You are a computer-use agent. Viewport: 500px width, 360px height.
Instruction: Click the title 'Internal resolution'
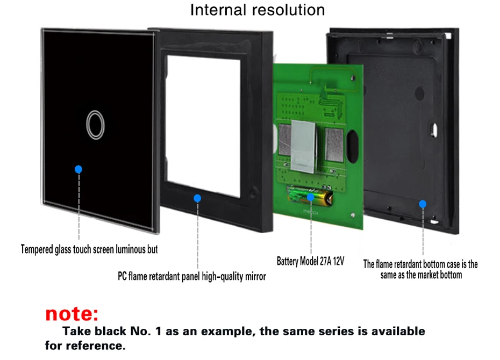pyautogui.click(x=258, y=10)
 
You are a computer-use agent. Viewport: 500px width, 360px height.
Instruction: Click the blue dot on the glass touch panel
pyautogui.click(x=78, y=169)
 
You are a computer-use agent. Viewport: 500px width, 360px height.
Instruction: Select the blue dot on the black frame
pyautogui.click(x=197, y=198)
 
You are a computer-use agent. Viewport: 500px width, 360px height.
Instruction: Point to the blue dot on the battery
pyautogui.click(x=311, y=197)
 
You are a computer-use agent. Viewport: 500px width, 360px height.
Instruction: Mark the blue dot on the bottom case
pyautogui.click(x=423, y=204)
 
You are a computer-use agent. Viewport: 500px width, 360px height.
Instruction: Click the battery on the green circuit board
pyautogui.click(x=311, y=196)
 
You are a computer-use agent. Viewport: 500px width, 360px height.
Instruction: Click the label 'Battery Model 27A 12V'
pyautogui.click(x=310, y=262)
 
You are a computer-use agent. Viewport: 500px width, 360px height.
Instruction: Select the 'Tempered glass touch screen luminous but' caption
pyautogui.click(x=89, y=249)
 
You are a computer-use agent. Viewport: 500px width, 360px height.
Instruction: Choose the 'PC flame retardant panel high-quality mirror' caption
pyautogui.click(x=191, y=277)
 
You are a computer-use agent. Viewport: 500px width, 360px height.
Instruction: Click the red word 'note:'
pyautogui.click(x=72, y=313)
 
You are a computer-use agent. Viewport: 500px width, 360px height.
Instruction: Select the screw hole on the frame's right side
pyautogui.click(x=254, y=192)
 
